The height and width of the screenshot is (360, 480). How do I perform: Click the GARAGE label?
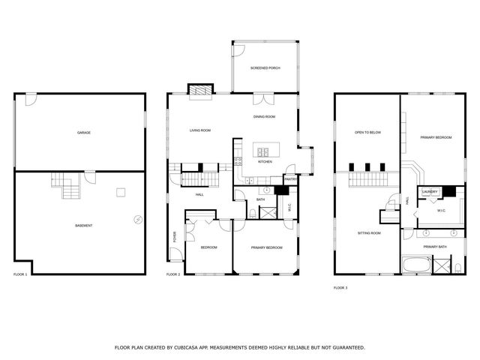pyautogui.click(x=84, y=133)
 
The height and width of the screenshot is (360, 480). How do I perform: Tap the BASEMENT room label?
pyautogui.click(x=84, y=226)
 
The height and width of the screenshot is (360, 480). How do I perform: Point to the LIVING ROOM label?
pyautogui.click(x=200, y=130)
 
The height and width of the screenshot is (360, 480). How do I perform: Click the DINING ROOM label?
pyautogui.click(x=265, y=117)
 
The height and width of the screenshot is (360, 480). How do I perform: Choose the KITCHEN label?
pyautogui.click(x=265, y=162)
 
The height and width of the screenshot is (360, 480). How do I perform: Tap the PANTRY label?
pyautogui.click(x=291, y=179)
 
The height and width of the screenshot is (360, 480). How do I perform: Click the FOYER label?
pyautogui.click(x=175, y=235)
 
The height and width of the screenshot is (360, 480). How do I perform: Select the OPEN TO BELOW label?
pyautogui.click(x=368, y=133)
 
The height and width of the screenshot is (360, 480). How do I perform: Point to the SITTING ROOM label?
pyautogui.click(x=368, y=233)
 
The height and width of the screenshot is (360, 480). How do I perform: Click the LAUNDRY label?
pyautogui.click(x=430, y=192)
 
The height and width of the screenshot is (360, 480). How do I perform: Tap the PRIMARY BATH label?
pyautogui.click(x=434, y=247)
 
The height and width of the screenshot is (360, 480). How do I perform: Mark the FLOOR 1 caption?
pyautogui.click(x=20, y=274)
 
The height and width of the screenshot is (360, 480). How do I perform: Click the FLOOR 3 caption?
pyautogui.click(x=341, y=286)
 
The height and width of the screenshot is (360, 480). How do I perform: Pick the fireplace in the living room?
pyautogui.click(x=200, y=91)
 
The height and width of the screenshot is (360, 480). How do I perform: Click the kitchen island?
pyautogui.click(x=265, y=148)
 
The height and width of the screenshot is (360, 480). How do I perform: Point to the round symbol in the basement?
pyautogui.click(x=137, y=219)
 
